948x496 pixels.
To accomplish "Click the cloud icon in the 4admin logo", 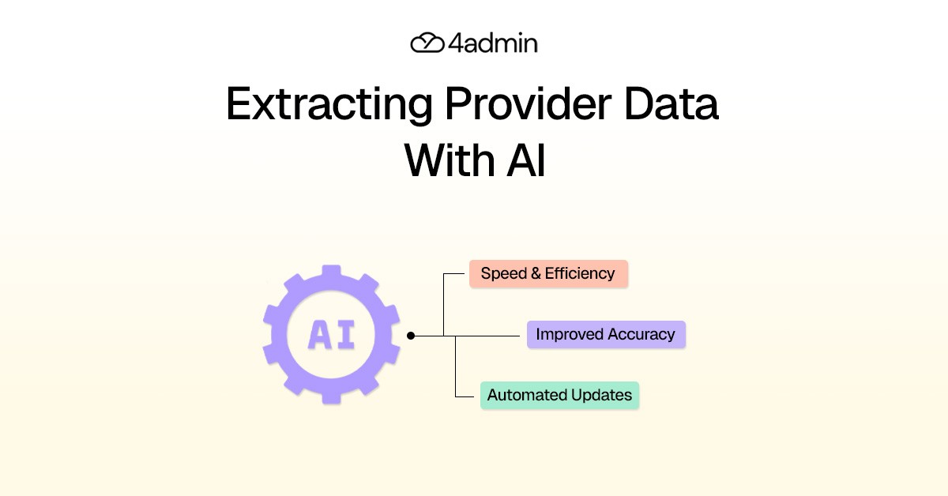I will pyautogui.click(x=427, y=43).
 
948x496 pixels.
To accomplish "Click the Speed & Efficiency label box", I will pyautogui.click(x=548, y=273).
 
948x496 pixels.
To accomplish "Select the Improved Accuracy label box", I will pyautogui.click(x=606, y=334).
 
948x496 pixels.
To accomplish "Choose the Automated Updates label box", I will pyautogui.click(x=559, y=395).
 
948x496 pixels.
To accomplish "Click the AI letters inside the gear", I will pyautogui.click(x=331, y=335).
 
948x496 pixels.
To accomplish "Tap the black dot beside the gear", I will pyautogui.click(x=411, y=336).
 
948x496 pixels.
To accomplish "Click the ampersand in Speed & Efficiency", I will pyautogui.click(x=533, y=273).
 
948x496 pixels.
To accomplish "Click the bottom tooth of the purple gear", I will pyautogui.click(x=331, y=396).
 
